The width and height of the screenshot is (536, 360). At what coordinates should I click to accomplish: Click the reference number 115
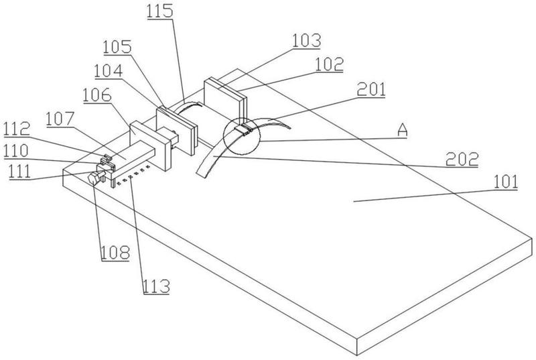[x=160, y=11]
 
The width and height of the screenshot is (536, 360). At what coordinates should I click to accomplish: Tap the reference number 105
[x=118, y=47]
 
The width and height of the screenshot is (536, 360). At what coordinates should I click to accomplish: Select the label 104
[x=109, y=71]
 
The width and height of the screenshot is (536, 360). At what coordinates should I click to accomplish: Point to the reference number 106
[x=97, y=95]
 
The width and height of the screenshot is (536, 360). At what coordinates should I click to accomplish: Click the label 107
[x=60, y=119]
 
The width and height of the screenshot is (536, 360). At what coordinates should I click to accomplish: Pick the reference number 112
[x=17, y=129]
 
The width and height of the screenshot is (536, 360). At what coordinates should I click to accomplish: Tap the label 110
[x=15, y=150]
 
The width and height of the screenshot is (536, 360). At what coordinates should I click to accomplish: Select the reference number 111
[x=20, y=171]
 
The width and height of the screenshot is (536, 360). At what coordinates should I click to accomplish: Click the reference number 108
[x=115, y=252]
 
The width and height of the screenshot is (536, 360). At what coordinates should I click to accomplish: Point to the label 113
[x=156, y=286]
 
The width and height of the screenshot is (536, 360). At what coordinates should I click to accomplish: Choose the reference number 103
[x=307, y=40]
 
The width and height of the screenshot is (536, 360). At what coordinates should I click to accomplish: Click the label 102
[x=329, y=64]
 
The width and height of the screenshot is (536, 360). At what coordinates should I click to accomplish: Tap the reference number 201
[x=371, y=89]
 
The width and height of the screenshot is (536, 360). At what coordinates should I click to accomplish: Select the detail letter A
[x=403, y=130]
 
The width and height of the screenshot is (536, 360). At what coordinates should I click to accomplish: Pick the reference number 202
[x=462, y=159]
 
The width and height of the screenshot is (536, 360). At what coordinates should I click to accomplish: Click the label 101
[x=506, y=182]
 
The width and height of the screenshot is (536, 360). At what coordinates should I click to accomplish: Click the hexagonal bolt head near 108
[x=94, y=179]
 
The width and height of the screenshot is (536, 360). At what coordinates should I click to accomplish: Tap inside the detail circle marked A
[x=241, y=135]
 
